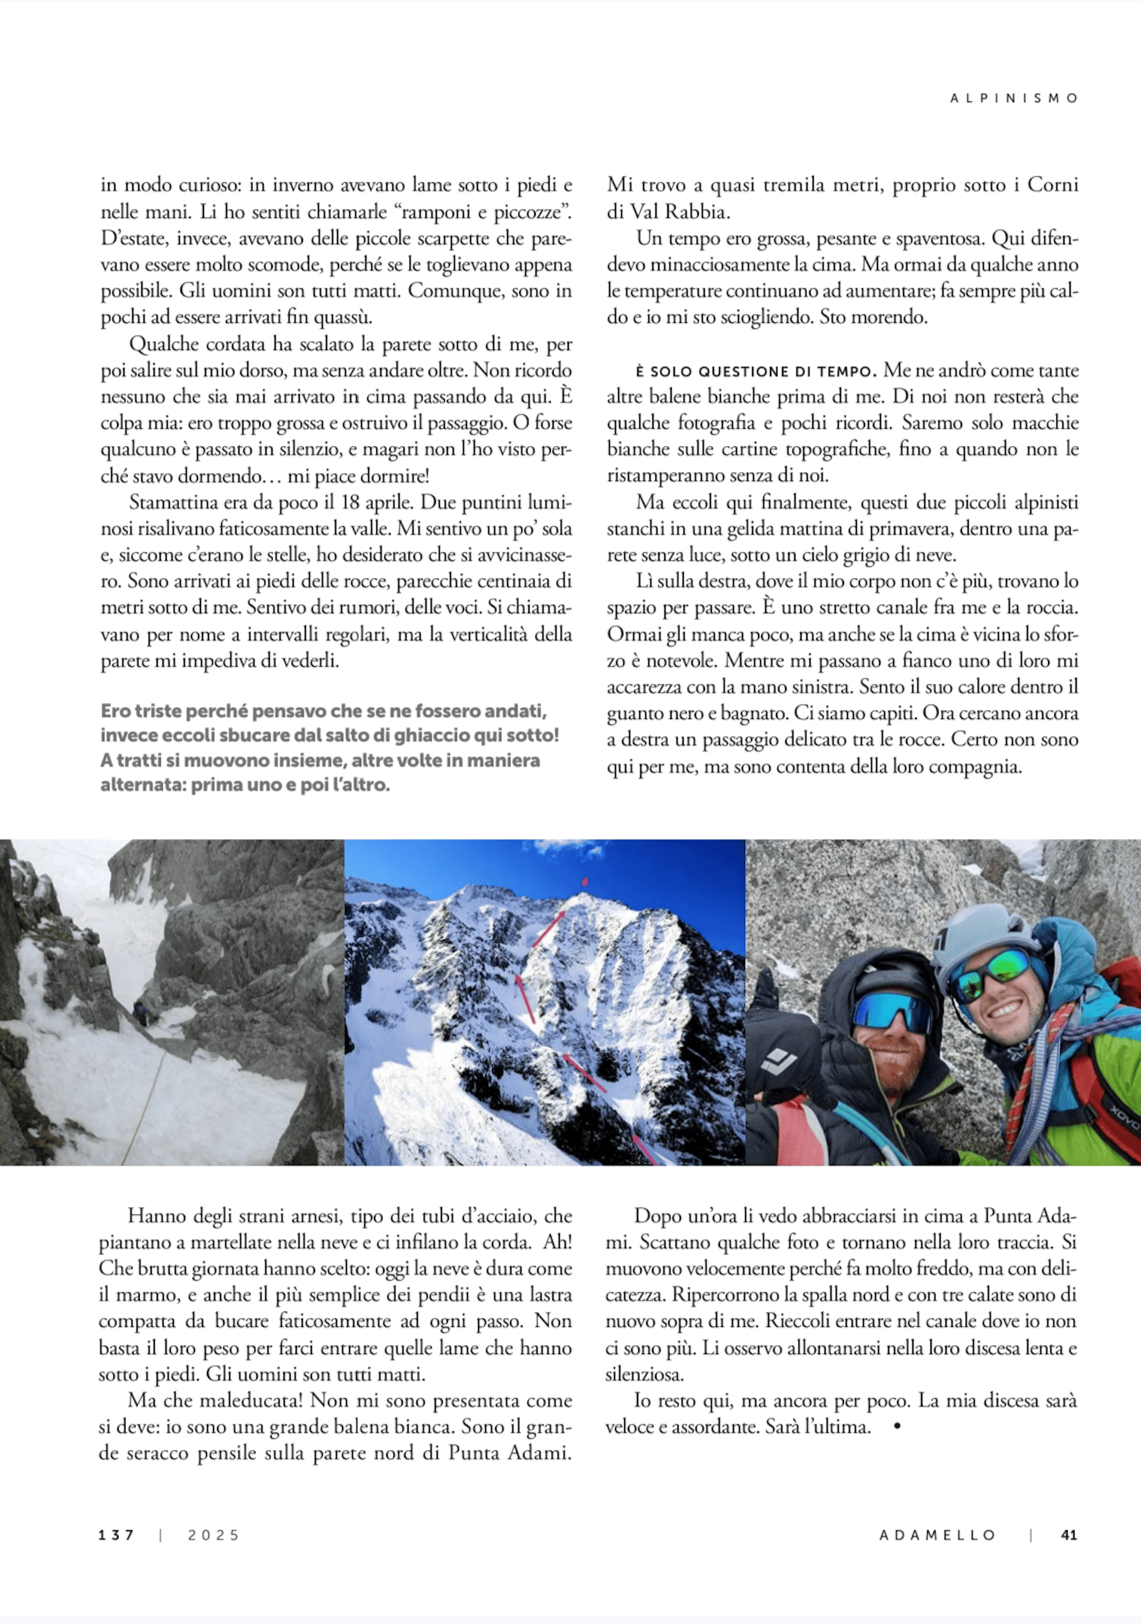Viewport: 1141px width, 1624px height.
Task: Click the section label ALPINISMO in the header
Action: [1014, 98]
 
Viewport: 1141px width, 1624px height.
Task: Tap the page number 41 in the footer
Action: [1068, 1535]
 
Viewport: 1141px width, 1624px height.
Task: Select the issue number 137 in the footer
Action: [116, 1535]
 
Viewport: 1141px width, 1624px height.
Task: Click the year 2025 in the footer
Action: [214, 1535]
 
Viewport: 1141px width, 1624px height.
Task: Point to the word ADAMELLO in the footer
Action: [938, 1535]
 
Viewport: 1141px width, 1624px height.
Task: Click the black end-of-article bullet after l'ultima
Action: [897, 1426]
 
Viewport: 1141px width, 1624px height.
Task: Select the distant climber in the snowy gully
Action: [141, 1012]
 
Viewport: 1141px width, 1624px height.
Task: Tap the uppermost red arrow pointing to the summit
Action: [549, 928]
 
